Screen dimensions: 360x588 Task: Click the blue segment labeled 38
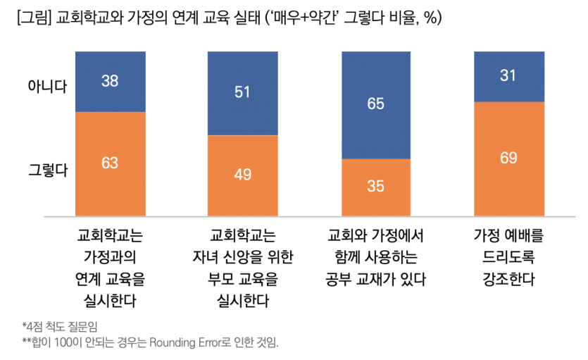110,81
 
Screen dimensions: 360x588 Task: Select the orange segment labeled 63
110,163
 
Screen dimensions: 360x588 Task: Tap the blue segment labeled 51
243,93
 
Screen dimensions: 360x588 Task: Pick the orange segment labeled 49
243,175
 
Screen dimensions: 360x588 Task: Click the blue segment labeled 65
375,105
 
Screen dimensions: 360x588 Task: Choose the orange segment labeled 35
375,187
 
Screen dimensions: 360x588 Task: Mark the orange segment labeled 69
508,159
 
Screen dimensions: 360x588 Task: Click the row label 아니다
47,87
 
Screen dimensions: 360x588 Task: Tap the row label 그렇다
47,169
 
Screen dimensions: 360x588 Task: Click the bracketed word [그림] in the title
32,18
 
